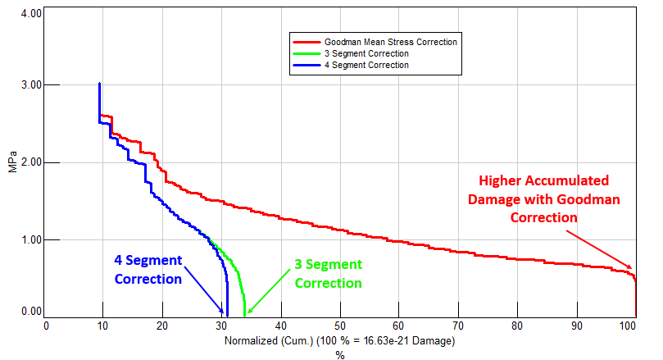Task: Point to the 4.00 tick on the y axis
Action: click(30, 16)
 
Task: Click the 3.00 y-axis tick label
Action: click(30, 85)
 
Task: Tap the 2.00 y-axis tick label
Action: click(30, 162)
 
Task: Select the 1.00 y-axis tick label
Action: click(30, 239)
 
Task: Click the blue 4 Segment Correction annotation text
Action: click(148, 271)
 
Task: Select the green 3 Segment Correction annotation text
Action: click(328, 274)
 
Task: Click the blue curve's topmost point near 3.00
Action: click(99, 84)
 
